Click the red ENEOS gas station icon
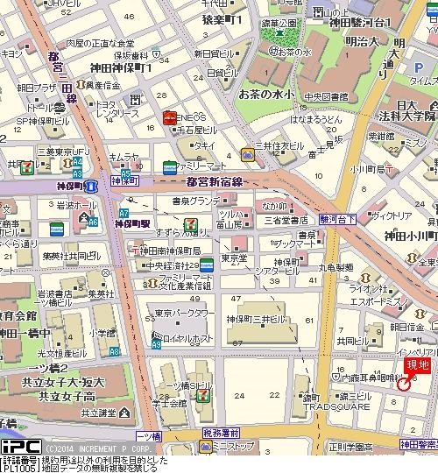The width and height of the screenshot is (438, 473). pos(167,117)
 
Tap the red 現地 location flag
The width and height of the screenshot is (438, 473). pos(417,366)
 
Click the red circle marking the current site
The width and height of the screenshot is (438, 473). pos(404,384)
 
